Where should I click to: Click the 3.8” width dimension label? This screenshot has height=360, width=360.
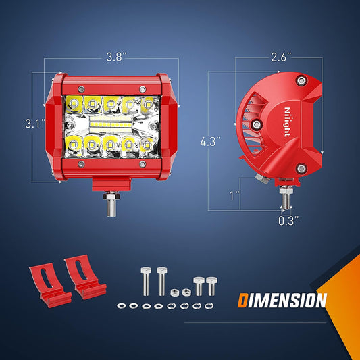click(x=116, y=57)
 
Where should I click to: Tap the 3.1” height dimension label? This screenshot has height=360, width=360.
click(x=35, y=124)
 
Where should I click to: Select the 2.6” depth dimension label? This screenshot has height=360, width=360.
click(x=281, y=57)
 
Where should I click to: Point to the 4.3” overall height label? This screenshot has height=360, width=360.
click(x=210, y=141)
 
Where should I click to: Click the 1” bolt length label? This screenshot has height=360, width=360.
click(x=234, y=196)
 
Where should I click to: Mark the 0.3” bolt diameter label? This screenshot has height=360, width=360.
click(x=288, y=221)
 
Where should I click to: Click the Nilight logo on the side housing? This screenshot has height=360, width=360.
click(x=287, y=122)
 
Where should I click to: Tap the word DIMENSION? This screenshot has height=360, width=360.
click(x=282, y=300)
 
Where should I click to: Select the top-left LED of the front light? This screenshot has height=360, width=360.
click(x=74, y=103)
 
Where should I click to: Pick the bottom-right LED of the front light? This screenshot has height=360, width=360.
click(x=147, y=146)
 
